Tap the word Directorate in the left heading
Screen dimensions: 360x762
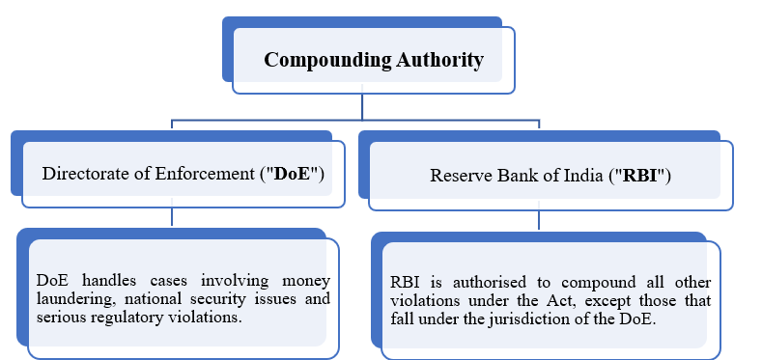pos(83,174)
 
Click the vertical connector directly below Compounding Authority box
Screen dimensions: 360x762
pos(364,106)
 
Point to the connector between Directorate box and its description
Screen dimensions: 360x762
pos(172,217)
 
